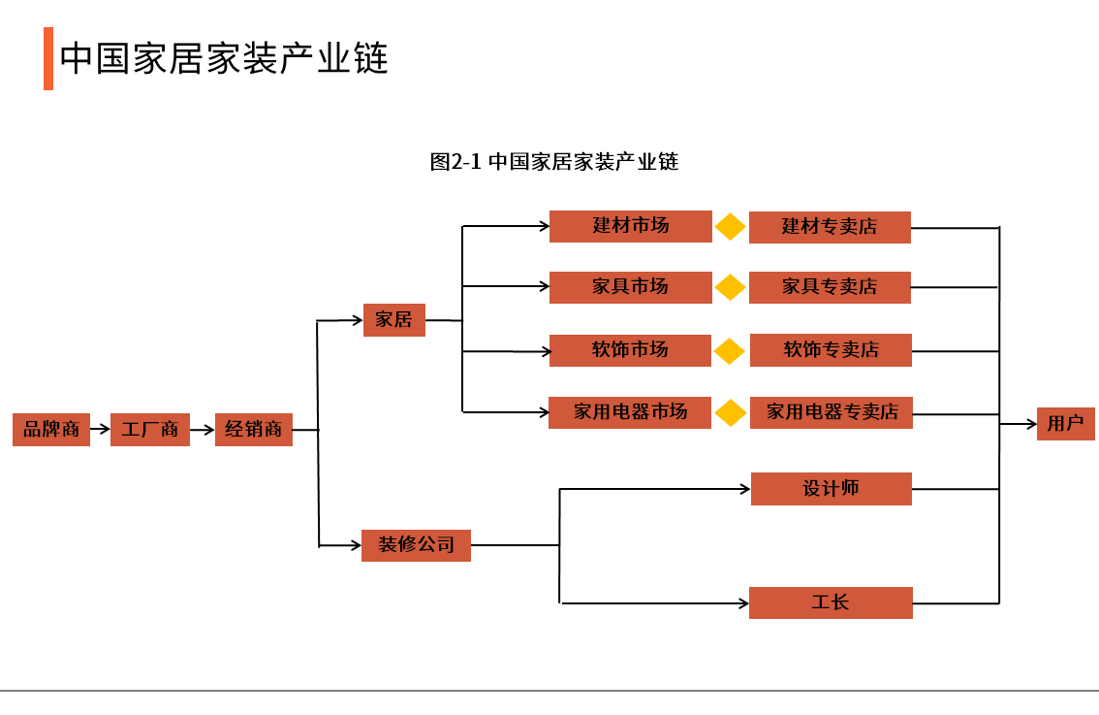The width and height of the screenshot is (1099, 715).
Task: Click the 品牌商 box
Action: [51, 429]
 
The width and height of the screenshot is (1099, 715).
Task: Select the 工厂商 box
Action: [150, 429]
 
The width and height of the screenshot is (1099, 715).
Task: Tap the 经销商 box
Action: [253, 429]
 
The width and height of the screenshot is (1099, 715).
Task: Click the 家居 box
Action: [394, 320]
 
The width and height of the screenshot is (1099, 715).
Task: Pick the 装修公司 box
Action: [416, 545]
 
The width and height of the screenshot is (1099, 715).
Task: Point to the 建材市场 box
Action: [630, 226]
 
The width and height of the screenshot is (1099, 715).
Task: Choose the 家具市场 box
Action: [630, 287]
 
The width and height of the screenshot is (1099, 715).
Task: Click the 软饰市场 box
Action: [630, 350]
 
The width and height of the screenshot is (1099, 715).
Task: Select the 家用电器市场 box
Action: [630, 412]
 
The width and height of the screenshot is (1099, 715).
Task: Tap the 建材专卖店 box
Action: [830, 227]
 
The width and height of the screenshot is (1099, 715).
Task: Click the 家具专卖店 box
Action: [830, 287]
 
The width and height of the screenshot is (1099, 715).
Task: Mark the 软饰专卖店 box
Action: [831, 350]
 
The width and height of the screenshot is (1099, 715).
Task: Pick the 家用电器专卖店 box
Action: [832, 412]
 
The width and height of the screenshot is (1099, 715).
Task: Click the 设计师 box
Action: [831, 489]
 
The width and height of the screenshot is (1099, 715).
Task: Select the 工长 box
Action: [831, 602]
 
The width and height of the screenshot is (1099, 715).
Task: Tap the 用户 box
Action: [1065, 424]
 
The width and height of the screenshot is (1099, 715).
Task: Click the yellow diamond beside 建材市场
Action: [731, 227]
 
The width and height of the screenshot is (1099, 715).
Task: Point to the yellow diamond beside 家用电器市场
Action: [731, 413]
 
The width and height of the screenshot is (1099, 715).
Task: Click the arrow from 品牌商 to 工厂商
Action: [100, 429]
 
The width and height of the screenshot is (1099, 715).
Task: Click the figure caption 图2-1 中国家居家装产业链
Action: [553, 162]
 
